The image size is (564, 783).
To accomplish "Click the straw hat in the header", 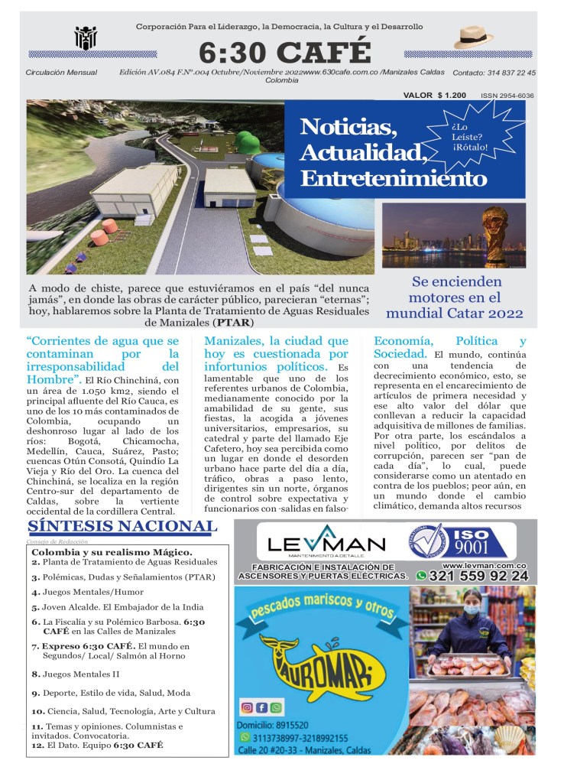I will click(x=475, y=37).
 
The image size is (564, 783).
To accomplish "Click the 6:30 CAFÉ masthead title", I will click(x=284, y=52).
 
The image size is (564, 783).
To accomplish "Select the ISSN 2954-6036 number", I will click(x=507, y=96).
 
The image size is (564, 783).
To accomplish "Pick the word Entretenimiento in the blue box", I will click(x=393, y=180).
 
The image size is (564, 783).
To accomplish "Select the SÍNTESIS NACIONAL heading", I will click(x=121, y=526).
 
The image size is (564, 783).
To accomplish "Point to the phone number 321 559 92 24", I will click(x=479, y=576).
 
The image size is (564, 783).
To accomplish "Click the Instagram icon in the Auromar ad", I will click(x=247, y=707).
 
